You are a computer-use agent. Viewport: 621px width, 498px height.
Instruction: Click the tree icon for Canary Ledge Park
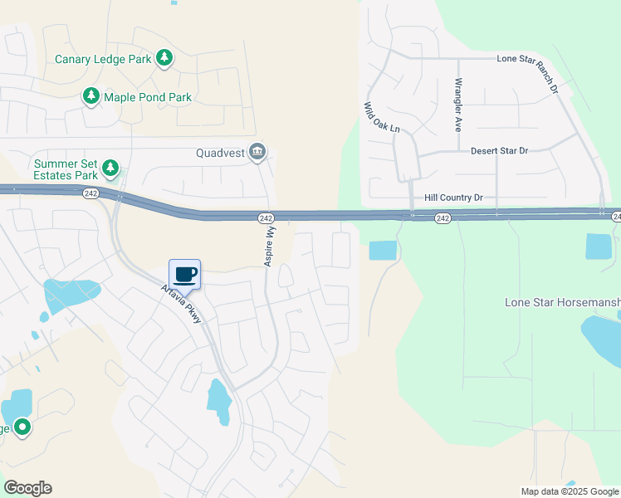[x=165, y=57]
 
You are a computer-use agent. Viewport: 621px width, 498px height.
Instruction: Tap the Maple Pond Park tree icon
[x=90, y=97]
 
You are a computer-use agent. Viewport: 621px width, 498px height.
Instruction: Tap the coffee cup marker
[x=185, y=275]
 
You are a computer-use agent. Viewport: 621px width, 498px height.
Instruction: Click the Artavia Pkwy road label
[x=181, y=308]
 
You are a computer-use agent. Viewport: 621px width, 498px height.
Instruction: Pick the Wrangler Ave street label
[x=457, y=105]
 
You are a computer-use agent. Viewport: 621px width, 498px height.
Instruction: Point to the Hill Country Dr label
[x=453, y=198]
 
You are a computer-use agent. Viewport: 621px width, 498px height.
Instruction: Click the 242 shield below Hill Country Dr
[x=443, y=218]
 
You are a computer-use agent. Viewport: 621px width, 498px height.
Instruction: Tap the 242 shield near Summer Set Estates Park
[x=90, y=193]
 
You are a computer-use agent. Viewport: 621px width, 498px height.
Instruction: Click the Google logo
[x=27, y=488]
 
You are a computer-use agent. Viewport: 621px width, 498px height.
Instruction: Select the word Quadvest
[x=221, y=153]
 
